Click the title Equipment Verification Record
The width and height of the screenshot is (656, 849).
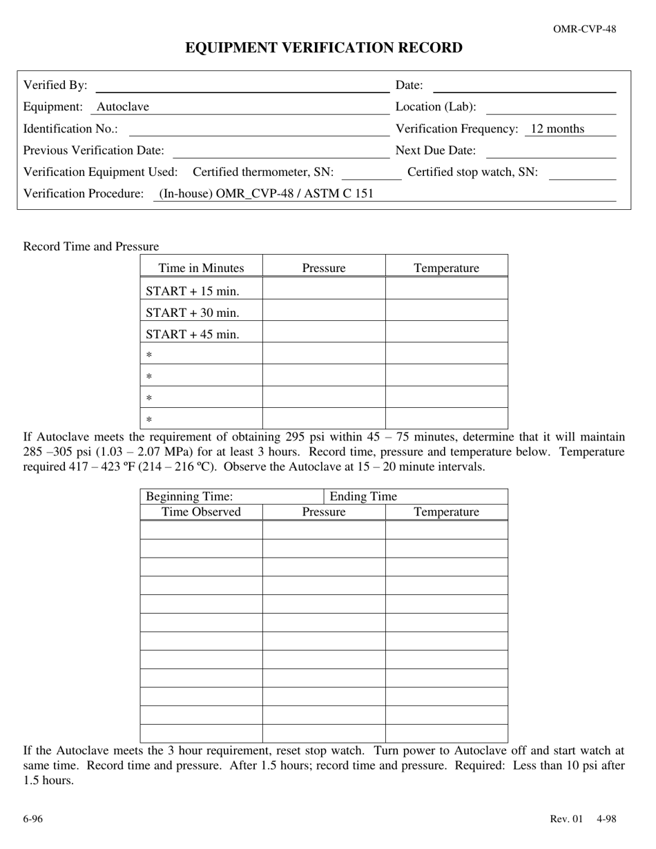[x=324, y=48]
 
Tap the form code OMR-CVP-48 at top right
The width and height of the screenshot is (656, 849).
[x=584, y=29]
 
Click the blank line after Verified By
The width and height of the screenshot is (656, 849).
[x=242, y=86]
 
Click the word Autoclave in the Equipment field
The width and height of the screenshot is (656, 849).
[x=123, y=107]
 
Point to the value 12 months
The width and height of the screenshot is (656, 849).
[x=557, y=129]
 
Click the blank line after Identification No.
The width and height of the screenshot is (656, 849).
[x=259, y=130]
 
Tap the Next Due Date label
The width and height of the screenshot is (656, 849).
[x=436, y=150]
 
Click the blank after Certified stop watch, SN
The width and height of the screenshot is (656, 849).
[x=581, y=173]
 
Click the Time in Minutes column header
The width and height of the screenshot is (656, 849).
[x=201, y=269]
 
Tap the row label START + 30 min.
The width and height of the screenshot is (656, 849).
[x=193, y=313]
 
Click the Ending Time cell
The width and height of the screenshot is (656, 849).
[x=415, y=496]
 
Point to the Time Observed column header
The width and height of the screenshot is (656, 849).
[x=201, y=512]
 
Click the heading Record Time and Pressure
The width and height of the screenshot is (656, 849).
[x=91, y=246]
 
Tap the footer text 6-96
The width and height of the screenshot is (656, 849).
[x=32, y=819]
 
